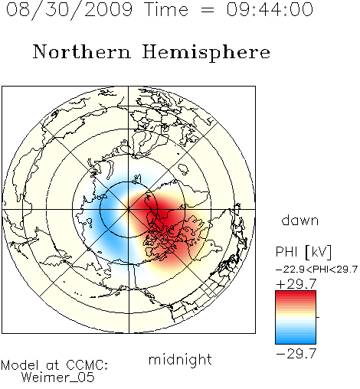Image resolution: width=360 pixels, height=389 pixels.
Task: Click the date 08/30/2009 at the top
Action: [69, 10]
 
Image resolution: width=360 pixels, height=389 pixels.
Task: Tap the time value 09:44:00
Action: [270, 9]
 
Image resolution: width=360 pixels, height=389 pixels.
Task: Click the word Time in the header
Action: [166, 9]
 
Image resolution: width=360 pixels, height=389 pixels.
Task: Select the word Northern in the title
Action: [82, 52]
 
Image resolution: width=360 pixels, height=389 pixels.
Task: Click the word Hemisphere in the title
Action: [206, 53]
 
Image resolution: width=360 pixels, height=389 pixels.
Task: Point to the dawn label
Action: [300, 221]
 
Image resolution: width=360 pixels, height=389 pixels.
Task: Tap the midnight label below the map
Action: [180, 360]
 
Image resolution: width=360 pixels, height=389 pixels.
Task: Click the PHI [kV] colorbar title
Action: [303, 252]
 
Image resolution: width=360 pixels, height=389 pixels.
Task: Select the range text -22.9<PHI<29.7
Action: [316, 270]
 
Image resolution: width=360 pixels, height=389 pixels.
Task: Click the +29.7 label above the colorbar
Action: [296, 284]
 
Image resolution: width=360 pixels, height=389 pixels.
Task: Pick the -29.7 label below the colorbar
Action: [296, 354]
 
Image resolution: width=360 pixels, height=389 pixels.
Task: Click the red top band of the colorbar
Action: [296, 295]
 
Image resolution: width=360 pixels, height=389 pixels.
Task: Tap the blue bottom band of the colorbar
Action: [296, 340]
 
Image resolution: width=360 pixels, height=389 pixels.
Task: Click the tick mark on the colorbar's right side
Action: [318, 317]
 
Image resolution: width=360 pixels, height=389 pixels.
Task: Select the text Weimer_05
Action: [58, 377]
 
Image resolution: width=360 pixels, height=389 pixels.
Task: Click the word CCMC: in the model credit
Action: [87, 365]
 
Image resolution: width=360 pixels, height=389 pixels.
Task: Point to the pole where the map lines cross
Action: [129, 209]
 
